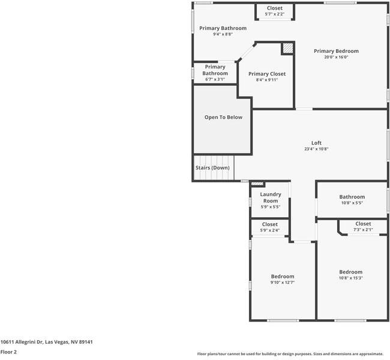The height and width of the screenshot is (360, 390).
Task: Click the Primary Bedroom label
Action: [336, 51]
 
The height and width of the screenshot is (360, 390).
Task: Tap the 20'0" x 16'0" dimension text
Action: [336, 58]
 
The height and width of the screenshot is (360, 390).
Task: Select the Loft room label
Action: [316, 143]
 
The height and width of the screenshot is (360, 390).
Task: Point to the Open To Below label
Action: [223, 117]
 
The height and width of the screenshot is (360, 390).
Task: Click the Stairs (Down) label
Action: [212, 168]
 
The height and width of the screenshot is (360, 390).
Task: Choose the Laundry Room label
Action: [271, 197]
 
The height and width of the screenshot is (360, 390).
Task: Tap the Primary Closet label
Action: [267, 74]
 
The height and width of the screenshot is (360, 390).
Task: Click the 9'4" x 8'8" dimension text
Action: [223, 35]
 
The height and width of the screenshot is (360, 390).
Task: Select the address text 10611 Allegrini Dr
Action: [46, 342]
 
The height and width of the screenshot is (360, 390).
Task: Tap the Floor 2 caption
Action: [8, 352]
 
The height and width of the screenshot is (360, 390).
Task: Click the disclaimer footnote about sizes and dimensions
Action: [290, 354]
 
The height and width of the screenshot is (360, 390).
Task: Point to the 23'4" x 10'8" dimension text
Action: [316, 149]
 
